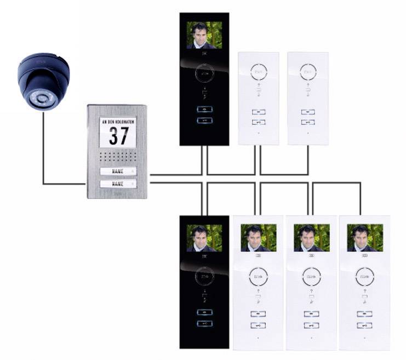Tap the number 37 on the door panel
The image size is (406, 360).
click(x=117, y=135)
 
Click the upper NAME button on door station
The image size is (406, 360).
click(x=117, y=172)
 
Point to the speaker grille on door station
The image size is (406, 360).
click(x=117, y=156)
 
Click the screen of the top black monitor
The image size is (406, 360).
click(x=204, y=35)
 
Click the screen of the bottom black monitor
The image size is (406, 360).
click(x=204, y=237)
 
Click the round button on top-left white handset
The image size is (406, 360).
click(x=259, y=72)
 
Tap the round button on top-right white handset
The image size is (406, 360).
click(x=307, y=72)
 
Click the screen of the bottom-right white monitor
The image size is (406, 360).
click(x=364, y=238)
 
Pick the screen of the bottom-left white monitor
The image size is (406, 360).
click(x=258, y=238)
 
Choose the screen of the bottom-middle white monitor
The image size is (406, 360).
click(x=311, y=238)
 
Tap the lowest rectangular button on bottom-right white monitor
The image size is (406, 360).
click(x=364, y=326)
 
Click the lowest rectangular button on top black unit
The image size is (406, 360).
click(x=204, y=122)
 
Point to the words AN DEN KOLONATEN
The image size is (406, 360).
click(x=117, y=121)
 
